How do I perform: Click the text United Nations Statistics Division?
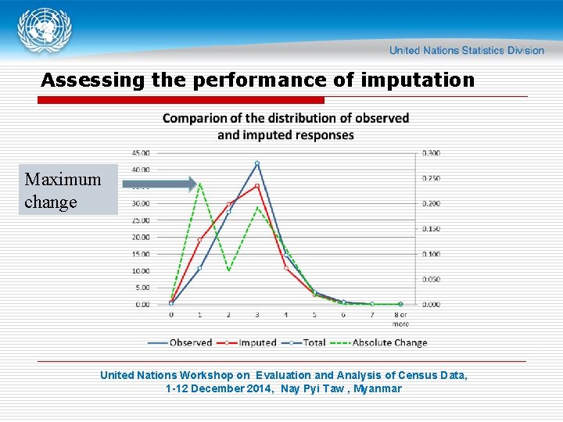click(x=466, y=50)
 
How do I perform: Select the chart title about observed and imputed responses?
click(x=285, y=127)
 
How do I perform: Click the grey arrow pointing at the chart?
click(x=160, y=184)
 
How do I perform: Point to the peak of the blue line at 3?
click(x=256, y=163)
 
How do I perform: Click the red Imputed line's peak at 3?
click(x=256, y=186)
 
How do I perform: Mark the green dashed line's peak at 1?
click(x=199, y=184)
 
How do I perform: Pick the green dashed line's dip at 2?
click(x=228, y=270)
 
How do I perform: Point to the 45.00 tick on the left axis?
click(x=141, y=153)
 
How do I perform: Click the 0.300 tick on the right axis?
click(x=431, y=153)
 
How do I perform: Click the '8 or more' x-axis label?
click(x=400, y=319)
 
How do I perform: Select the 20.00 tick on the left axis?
click(x=141, y=238)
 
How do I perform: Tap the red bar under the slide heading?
click(x=181, y=100)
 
